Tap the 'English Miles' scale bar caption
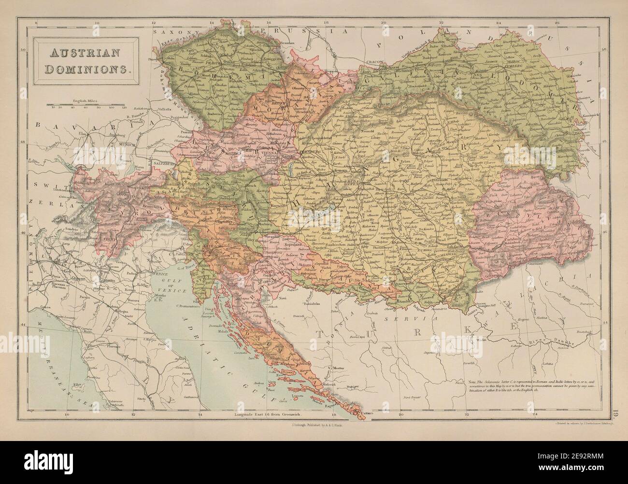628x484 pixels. click(x=86, y=100)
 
